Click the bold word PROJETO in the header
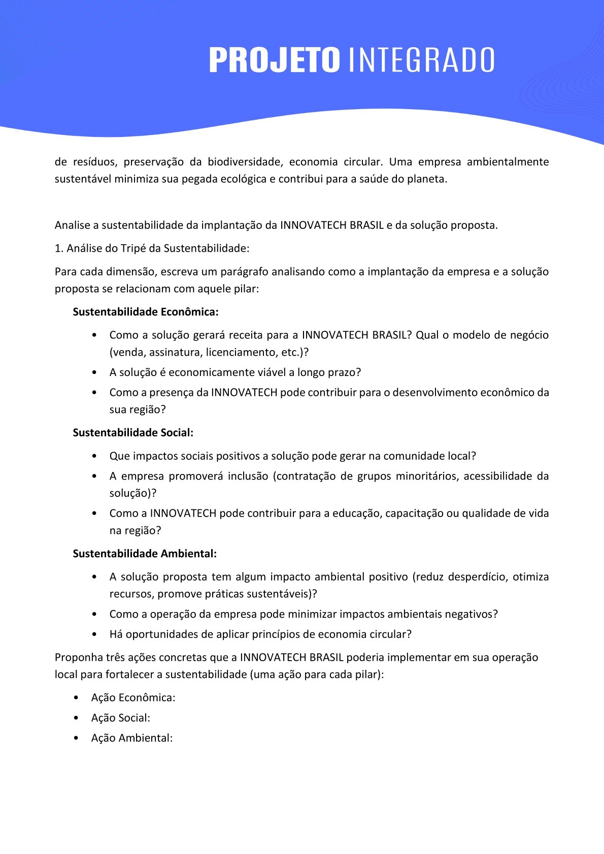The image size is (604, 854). point(274,60)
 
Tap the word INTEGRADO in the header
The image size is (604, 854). point(422,60)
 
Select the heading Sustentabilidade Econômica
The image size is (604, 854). point(146,312)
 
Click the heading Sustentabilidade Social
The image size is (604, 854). point(133,433)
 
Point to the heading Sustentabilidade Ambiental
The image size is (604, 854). point(145,554)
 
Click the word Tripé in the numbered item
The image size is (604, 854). point(133,249)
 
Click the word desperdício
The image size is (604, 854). point(477,577)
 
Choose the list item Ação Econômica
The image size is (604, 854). point(133,698)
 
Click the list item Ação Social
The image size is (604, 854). point(120,718)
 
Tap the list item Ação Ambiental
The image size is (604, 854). point(132,738)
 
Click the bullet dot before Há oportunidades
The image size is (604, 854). point(95,635)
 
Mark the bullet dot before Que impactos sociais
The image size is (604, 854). point(95,456)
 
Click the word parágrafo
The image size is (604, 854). point(244,272)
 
